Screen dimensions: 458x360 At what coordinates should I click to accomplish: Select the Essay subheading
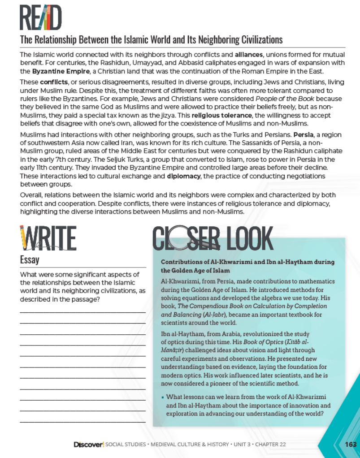[30, 260]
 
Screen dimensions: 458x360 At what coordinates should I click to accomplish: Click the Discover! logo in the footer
[89, 445]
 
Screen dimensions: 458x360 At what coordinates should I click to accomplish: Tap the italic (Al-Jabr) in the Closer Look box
[194, 315]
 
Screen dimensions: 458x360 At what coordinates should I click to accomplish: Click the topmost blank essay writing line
[83, 312]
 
